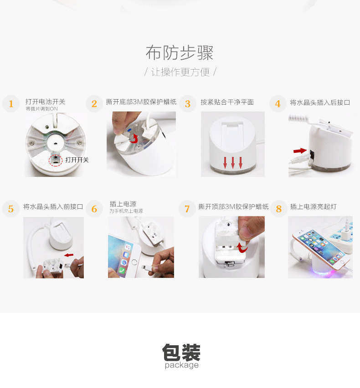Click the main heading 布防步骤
(180, 53)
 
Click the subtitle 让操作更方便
(180, 72)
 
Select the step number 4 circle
(278, 104)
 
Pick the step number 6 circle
(94, 209)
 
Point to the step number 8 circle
(279, 209)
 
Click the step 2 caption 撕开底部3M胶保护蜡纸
(141, 102)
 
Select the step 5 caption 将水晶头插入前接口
(53, 207)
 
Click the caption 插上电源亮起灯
(314, 207)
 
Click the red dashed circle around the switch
(56, 159)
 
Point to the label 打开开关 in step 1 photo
(77, 160)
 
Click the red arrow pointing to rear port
(300, 151)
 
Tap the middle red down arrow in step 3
(232, 162)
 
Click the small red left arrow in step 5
(69, 255)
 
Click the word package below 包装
(181, 365)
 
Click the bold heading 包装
(181, 352)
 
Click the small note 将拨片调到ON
(41, 109)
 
